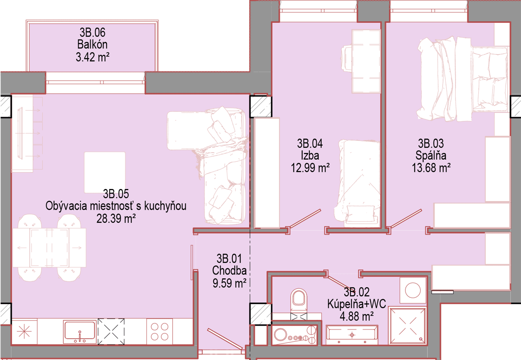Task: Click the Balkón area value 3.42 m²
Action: tap(93, 57)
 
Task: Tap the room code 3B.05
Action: tap(116, 194)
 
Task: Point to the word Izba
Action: tap(310, 155)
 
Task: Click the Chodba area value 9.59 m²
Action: tap(229, 283)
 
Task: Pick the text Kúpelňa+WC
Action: tap(357, 304)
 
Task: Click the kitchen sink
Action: tap(80, 332)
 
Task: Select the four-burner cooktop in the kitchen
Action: tap(159, 332)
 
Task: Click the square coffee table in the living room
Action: tap(105, 172)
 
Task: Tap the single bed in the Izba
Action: tap(357, 183)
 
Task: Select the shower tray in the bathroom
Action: tap(408, 326)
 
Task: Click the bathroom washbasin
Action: tap(352, 335)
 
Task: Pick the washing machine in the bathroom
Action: tap(413, 290)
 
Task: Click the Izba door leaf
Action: tap(305, 219)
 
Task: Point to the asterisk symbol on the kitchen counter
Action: tap(24, 332)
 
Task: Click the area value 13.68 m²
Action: tap(431, 168)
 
